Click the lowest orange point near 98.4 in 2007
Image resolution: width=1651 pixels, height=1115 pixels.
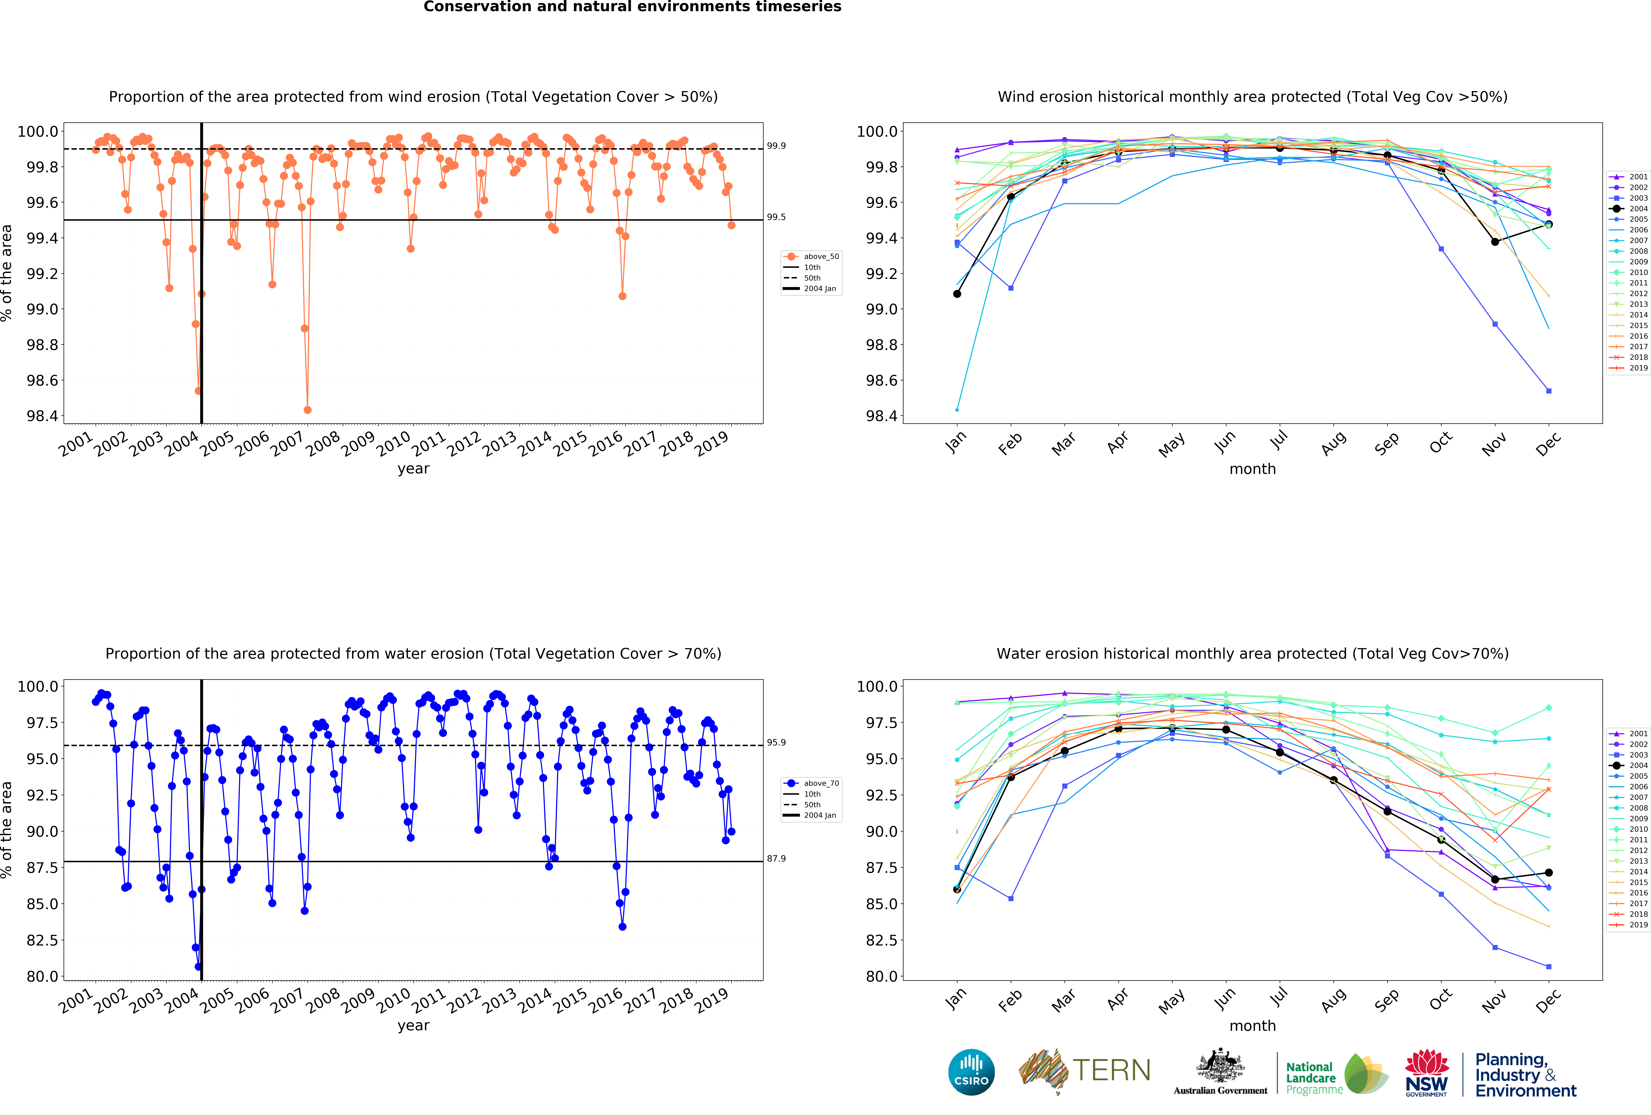coord(308,410)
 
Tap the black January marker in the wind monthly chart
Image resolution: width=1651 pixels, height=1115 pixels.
coord(957,293)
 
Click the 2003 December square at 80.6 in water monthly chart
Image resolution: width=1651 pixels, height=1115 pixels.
coord(1549,967)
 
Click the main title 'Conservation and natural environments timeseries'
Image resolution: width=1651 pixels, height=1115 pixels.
coord(632,7)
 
